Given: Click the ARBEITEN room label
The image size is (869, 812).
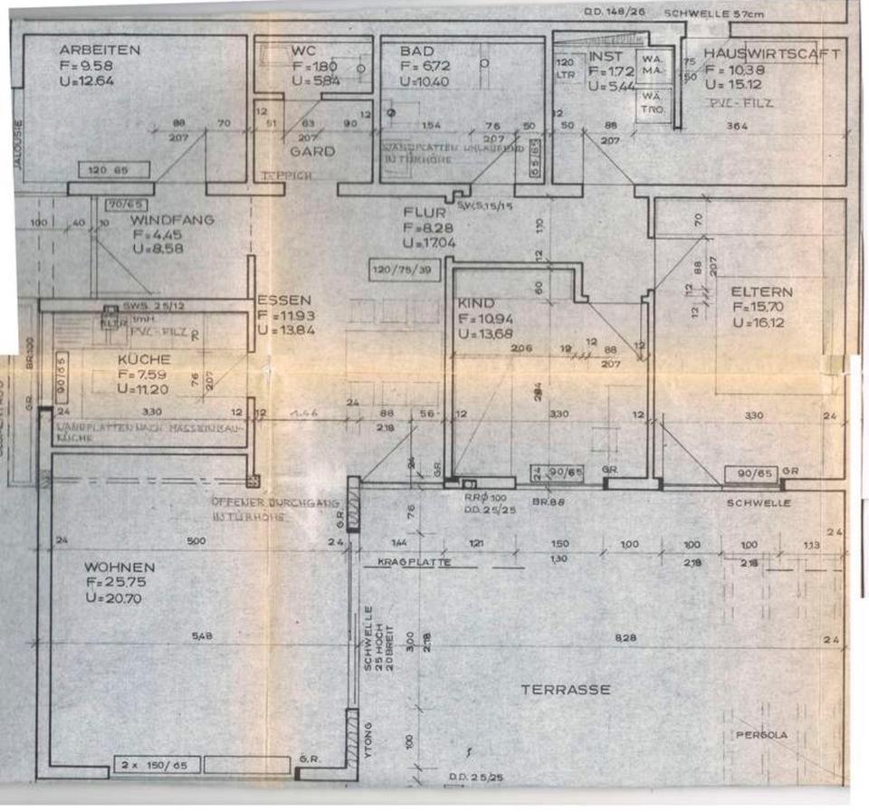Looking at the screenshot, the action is pyautogui.click(x=100, y=50).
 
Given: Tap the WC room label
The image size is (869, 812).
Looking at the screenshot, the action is pyautogui.click(x=302, y=51).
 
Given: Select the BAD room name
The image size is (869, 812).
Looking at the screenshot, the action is pyautogui.click(x=417, y=51).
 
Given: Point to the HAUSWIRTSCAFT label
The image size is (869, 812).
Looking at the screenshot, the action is pyautogui.click(x=772, y=53).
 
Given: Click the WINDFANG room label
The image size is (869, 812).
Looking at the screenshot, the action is pyautogui.click(x=170, y=219).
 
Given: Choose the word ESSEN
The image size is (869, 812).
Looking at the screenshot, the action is pyautogui.click(x=284, y=300).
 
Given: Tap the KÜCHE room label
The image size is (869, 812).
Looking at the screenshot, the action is pyautogui.click(x=144, y=358).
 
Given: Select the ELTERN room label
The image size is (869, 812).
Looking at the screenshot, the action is pyautogui.click(x=761, y=291).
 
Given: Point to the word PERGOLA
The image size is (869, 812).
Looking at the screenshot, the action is pyautogui.click(x=761, y=735).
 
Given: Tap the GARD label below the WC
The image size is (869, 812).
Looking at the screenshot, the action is pyautogui.click(x=312, y=152).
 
